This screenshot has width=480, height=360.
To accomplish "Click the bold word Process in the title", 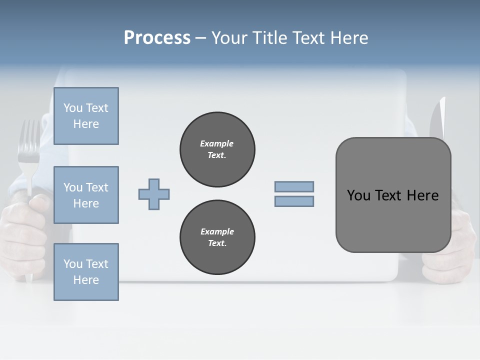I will point(157,38).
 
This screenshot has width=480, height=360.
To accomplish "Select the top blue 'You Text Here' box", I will point(86,116).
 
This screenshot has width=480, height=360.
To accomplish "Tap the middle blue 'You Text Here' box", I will point(86,195).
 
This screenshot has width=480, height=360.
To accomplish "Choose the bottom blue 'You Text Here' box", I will point(86,272).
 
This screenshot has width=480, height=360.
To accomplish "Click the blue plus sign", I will point(154,194).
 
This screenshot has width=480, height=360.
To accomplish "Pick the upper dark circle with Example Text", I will point(217,149).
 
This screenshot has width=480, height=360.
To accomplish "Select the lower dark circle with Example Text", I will point(217,237).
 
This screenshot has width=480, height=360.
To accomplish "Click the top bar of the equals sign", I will point(294,186).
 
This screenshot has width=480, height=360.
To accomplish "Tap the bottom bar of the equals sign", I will point(294,201).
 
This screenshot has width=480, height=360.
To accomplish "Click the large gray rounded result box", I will point(393,195).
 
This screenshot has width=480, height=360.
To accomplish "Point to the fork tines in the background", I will point(29,140).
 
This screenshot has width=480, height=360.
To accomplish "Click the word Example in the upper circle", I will point(217,143).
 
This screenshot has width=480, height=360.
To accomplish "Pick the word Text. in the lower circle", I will point(217,243).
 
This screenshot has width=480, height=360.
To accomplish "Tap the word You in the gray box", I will point(358,195).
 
